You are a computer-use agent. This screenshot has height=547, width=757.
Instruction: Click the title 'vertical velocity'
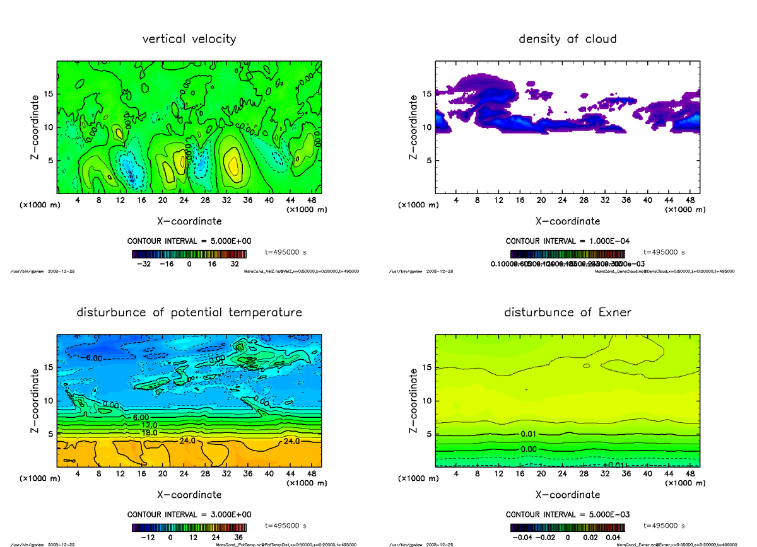189,39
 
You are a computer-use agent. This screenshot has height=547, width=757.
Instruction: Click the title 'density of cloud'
567,39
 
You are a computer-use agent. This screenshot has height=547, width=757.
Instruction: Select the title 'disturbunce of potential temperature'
189,313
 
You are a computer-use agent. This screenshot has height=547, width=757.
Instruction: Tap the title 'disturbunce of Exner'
567,313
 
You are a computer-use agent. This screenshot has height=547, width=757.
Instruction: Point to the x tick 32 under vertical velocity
226,200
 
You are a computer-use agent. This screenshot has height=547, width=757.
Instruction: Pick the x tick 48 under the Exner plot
690,473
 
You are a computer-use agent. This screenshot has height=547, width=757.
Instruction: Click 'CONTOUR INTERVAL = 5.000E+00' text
189,241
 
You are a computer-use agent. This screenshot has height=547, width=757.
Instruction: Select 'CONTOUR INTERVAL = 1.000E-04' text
567,241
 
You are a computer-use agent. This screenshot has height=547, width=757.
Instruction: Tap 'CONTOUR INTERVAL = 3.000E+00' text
189,514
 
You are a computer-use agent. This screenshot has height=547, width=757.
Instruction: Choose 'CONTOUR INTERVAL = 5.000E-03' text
567,514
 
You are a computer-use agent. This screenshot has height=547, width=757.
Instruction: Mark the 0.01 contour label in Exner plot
529,434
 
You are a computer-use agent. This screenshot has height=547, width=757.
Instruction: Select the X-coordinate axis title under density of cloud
567,221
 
